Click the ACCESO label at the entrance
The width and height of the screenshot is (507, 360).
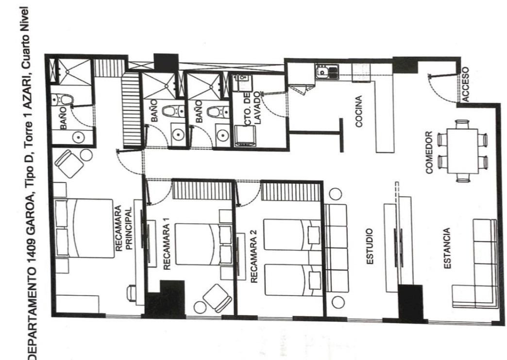(x=465, y=84)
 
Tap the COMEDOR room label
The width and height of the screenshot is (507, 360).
(x=429, y=152)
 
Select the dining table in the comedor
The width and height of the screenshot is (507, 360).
(x=463, y=151)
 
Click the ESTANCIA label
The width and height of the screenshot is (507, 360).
(x=447, y=248)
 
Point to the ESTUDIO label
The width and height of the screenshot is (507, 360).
(x=370, y=246)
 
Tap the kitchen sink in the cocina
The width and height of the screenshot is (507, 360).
(x=326, y=72)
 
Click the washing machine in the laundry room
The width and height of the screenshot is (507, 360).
(x=245, y=136)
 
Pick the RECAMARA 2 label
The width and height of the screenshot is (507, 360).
(x=254, y=256)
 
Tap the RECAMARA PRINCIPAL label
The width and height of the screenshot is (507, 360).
(x=124, y=228)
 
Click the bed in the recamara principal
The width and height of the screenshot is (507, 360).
(x=84, y=228)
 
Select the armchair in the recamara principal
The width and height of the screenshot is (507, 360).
(x=69, y=164)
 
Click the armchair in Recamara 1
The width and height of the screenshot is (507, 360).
(x=217, y=298)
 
